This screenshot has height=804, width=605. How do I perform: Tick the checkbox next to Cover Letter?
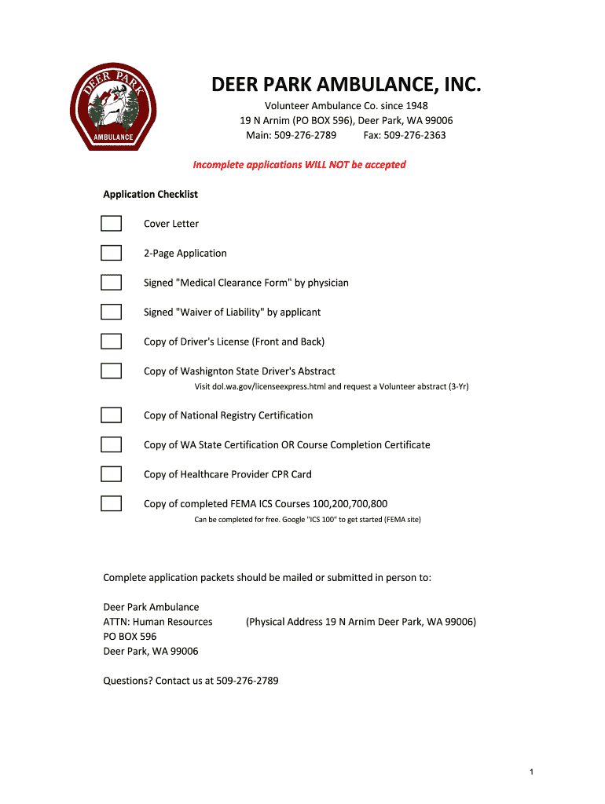(111, 224)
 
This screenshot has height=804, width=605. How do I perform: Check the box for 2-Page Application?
(111, 253)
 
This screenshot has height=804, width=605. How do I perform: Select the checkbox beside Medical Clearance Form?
(111, 283)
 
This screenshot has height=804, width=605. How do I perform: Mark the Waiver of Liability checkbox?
(111, 312)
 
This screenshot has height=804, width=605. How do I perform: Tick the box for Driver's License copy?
(111, 342)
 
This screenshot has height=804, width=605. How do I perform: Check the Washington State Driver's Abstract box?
(111, 371)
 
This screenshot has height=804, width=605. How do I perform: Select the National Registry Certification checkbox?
(111, 415)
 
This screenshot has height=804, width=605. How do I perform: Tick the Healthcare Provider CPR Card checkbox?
(111, 474)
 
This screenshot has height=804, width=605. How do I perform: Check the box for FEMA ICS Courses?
(111, 503)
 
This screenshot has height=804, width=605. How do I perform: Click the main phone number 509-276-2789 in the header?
(305, 135)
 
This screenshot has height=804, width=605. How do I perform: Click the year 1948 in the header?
(416, 106)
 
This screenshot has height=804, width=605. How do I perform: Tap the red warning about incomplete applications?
(299, 165)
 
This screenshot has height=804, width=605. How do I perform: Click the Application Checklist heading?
(151, 194)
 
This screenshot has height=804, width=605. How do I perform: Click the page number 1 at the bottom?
(532, 773)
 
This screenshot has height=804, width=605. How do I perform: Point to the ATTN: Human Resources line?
(158, 622)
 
